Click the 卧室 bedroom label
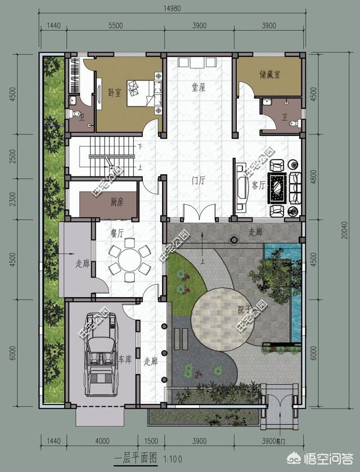(114, 93)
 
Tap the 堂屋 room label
(199, 87)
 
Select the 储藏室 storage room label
(270, 74)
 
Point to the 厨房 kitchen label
(117, 202)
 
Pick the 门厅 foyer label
(198, 180)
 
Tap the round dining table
(129, 260)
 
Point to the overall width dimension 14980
(172, 7)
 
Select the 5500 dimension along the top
(115, 25)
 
